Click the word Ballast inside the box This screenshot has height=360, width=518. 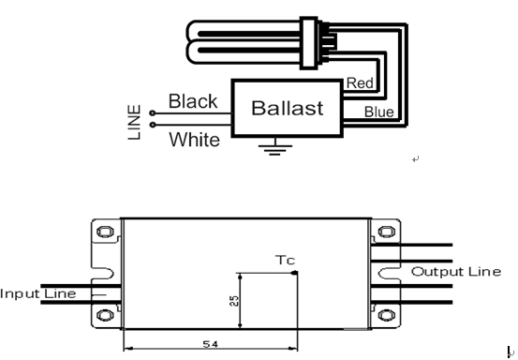coord(287,108)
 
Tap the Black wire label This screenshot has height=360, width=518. coord(193,101)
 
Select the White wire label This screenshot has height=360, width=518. coord(194,139)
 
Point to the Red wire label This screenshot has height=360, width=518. coord(360,83)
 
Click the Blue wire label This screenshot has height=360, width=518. coord(379,112)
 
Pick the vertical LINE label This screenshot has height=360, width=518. coord(135,122)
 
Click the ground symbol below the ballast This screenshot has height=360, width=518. coord(274,147)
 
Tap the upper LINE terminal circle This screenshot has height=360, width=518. coord(153,113)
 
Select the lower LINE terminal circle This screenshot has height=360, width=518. coord(153,125)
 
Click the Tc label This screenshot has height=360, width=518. coord(285,261)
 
